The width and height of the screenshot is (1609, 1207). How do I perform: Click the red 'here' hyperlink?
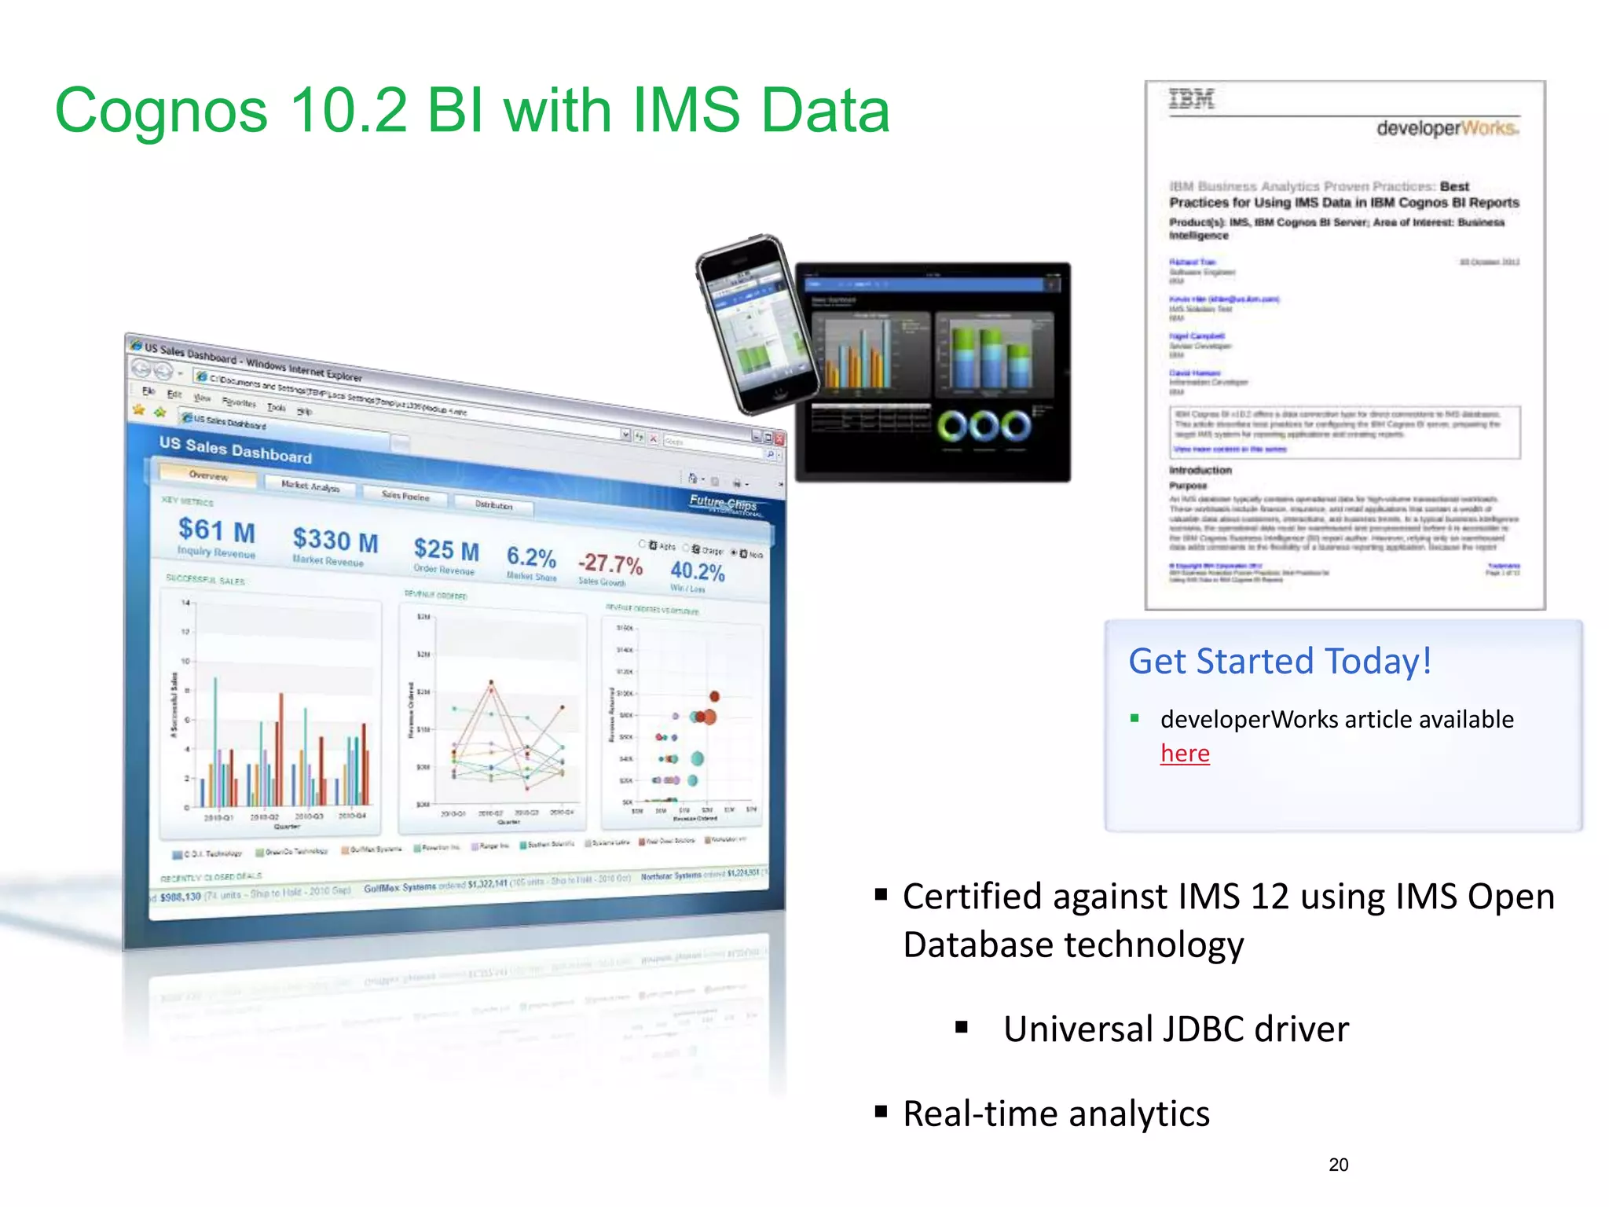pyautogui.click(x=1185, y=754)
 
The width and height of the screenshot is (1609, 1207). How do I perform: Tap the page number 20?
pyautogui.click(x=1338, y=1165)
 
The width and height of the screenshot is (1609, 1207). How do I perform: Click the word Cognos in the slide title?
pyautogui.click(x=161, y=111)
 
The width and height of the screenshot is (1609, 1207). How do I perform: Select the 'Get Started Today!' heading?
pyautogui.click(x=1279, y=661)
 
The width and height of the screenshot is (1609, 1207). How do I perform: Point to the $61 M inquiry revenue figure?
pyautogui.click(x=216, y=530)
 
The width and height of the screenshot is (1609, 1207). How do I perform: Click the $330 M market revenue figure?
pyautogui.click(x=335, y=541)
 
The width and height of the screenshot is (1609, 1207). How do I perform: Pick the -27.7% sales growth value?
pyautogui.click(x=610, y=563)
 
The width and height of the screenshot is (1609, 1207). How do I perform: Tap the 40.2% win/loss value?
pyautogui.click(x=697, y=570)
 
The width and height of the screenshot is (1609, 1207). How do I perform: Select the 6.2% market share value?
pyautogui.click(x=531, y=556)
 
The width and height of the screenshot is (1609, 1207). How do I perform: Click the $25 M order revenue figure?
pyautogui.click(x=446, y=549)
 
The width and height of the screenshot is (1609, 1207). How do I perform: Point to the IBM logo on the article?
pyautogui.click(x=1191, y=100)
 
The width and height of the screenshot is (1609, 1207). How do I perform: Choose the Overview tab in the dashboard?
pyautogui.click(x=208, y=475)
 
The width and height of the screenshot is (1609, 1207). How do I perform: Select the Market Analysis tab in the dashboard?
pyautogui.click(x=310, y=486)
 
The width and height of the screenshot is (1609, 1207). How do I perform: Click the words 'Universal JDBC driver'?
pyautogui.click(x=1175, y=1029)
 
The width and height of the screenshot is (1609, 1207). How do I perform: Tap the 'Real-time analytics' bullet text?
pyautogui.click(x=1056, y=1114)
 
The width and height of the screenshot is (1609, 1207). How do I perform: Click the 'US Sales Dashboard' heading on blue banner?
pyautogui.click(x=235, y=450)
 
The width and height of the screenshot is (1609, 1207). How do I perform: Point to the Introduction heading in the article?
pyautogui.click(x=1200, y=470)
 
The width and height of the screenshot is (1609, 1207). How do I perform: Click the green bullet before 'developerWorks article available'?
pyautogui.click(x=1134, y=717)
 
